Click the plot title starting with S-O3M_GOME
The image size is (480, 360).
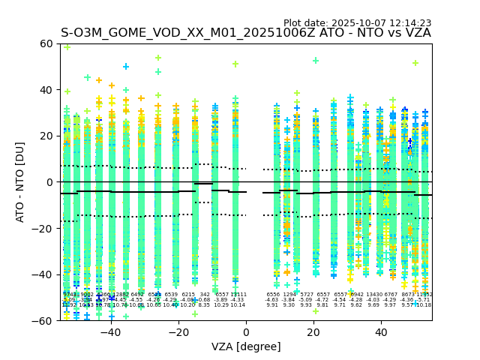tap(246, 33)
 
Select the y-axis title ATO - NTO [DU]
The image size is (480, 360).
tap(20, 182)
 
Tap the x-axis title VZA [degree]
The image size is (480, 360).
tap(246, 346)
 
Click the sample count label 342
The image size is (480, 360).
tap(204, 295)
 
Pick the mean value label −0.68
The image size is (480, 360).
tap(204, 300)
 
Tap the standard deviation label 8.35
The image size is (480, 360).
tap(204, 305)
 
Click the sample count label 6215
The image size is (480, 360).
tap(187, 295)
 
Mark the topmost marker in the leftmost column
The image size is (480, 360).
tap(67, 46)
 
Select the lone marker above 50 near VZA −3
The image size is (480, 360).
tap(235, 64)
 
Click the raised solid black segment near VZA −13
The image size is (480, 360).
tap(203, 183)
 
